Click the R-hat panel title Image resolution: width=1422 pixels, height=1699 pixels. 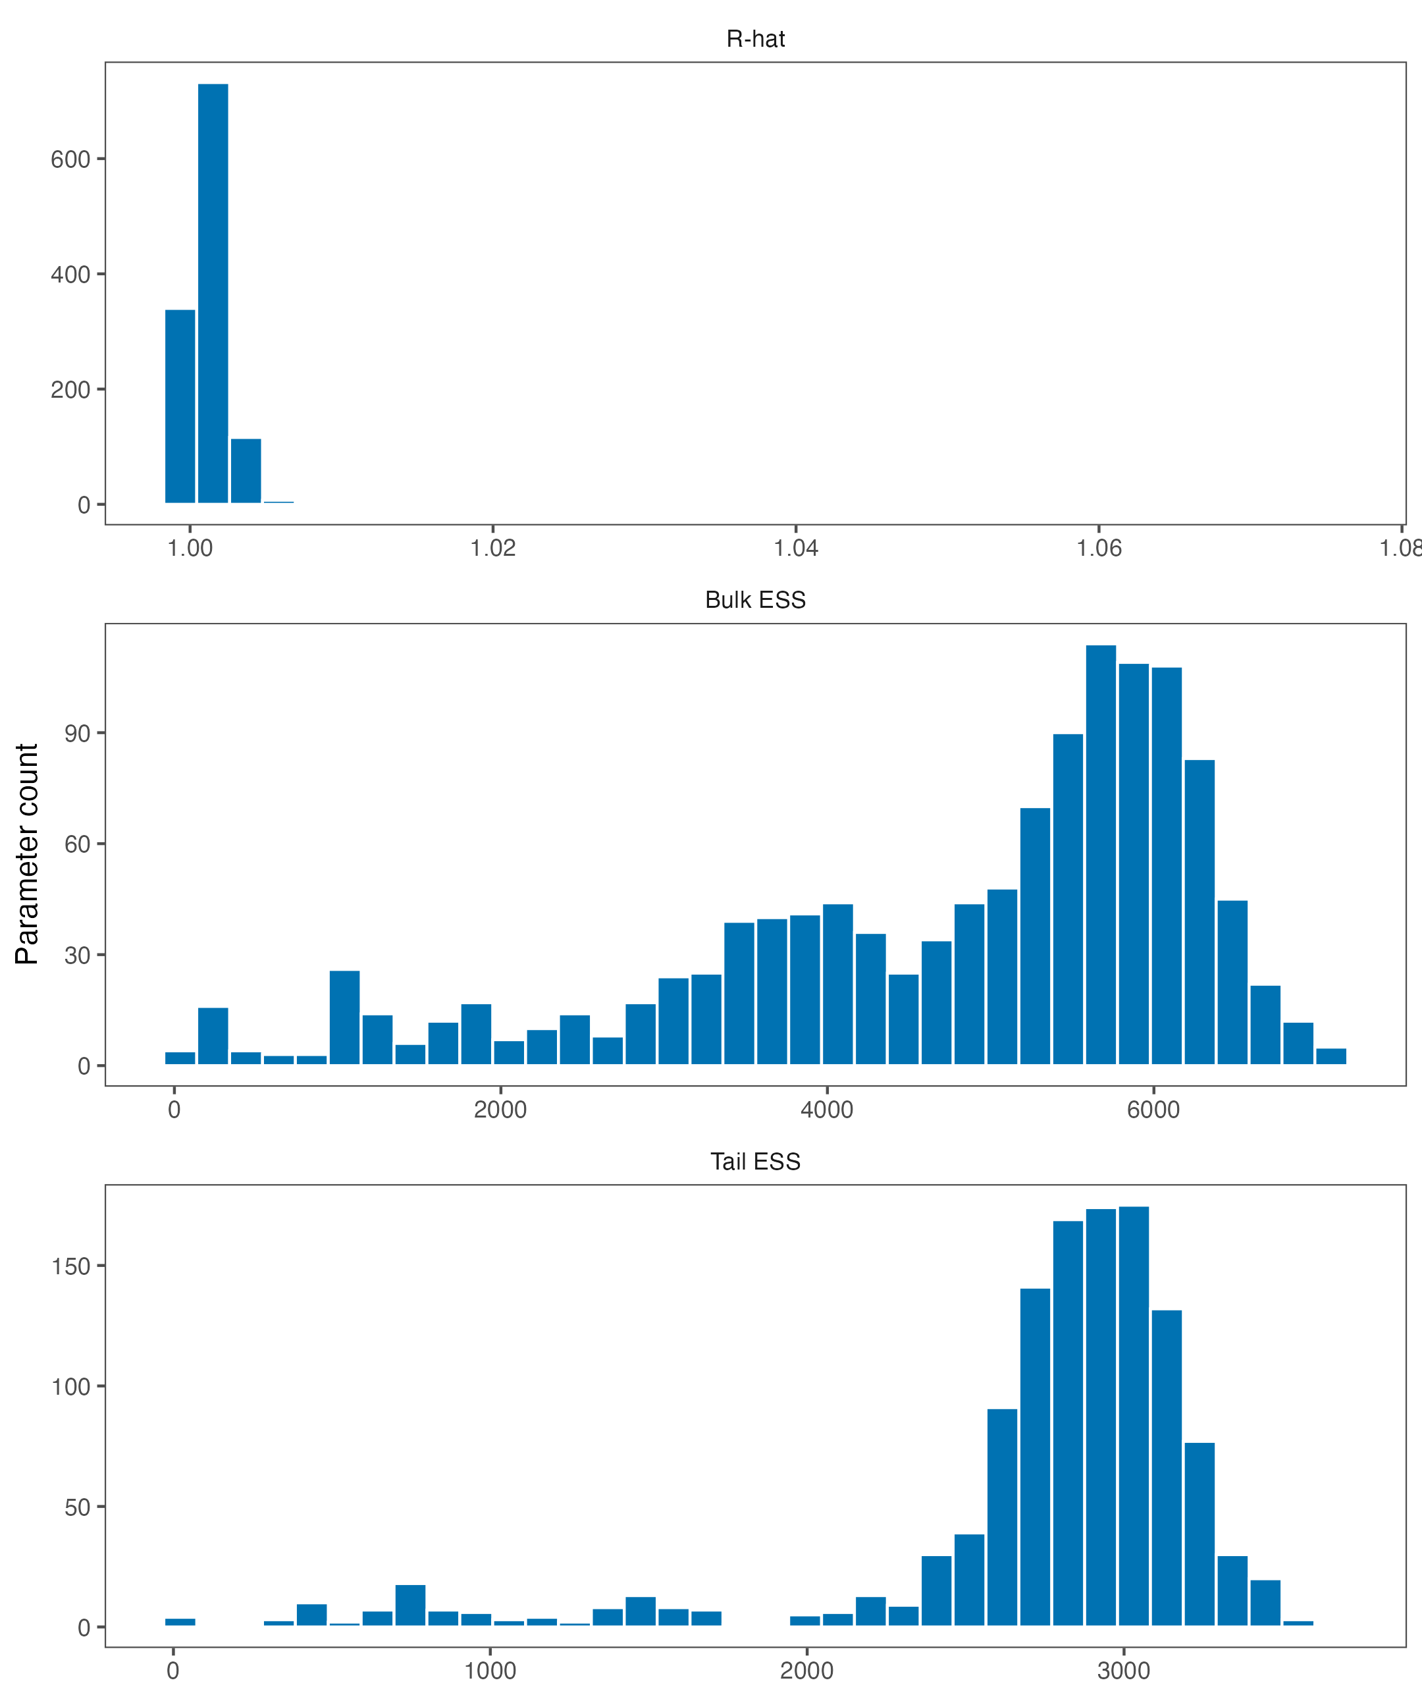(x=756, y=39)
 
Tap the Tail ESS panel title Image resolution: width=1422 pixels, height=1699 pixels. (x=756, y=1161)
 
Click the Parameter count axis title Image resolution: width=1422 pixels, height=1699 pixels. (x=27, y=854)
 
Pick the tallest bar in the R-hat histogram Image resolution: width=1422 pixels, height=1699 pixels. (x=213, y=293)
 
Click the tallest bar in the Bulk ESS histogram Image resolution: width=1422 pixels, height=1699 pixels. (x=1101, y=854)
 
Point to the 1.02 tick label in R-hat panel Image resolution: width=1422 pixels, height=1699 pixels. (x=492, y=549)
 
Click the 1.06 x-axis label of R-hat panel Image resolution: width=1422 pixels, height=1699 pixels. (x=1099, y=549)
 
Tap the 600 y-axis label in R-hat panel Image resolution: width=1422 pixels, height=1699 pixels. (x=70, y=159)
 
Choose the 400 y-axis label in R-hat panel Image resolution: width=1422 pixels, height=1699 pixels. (x=70, y=274)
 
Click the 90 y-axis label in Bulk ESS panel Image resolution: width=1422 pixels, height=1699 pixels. (x=78, y=733)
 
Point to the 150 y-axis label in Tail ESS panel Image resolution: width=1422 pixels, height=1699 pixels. (x=70, y=1266)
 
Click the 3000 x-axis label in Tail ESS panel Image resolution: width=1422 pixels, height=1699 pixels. (x=1124, y=1671)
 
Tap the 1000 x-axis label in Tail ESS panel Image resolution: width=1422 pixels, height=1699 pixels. (x=490, y=1671)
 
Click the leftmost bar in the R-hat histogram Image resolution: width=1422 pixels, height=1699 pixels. (x=180, y=406)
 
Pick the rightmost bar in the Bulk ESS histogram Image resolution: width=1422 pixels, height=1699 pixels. (x=1331, y=1057)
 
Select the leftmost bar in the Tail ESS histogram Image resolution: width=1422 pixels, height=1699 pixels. (x=180, y=1622)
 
